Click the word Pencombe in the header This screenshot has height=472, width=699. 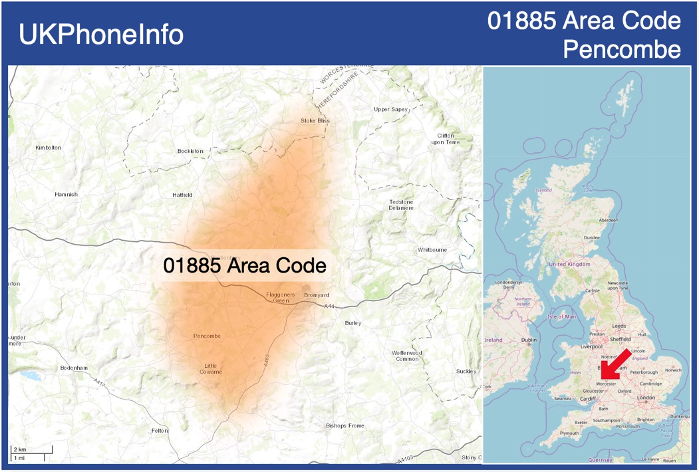[x=622, y=50]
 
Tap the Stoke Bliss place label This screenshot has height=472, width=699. [x=315, y=120]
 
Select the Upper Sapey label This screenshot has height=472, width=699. [x=390, y=109]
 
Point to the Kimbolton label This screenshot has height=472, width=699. [x=48, y=147]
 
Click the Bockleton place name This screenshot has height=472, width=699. [x=190, y=151]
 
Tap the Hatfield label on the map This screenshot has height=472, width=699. [x=182, y=195]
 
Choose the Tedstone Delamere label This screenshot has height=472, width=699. [x=401, y=205]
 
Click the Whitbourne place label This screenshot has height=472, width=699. [x=432, y=250]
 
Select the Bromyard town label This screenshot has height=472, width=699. [x=316, y=295]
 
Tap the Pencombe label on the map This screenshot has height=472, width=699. [x=207, y=336]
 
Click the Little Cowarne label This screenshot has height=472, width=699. [x=211, y=368]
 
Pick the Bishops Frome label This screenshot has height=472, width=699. [x=344, y=425]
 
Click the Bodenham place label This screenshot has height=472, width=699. [x=74, y=368]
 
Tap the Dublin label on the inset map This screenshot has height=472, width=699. [x=529, y=340]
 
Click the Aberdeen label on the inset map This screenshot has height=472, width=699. [x=608, y=219]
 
